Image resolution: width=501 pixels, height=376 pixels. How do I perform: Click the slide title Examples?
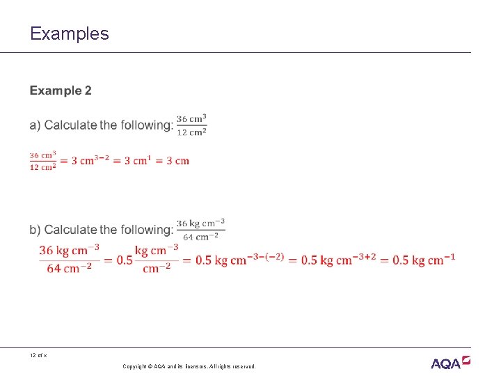click(x=70, y=33)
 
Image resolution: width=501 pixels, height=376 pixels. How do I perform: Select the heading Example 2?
click(x=61, y=91)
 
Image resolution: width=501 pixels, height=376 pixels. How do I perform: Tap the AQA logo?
click(x=450, y=362)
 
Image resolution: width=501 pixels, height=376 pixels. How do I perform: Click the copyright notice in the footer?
click(x=189, y=366)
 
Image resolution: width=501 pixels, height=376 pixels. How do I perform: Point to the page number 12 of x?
click(x=38, y=356)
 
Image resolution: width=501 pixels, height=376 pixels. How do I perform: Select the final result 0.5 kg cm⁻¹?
click(x=423, y=260)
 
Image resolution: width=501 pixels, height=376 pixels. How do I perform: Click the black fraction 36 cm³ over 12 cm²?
click(x=191, y=125)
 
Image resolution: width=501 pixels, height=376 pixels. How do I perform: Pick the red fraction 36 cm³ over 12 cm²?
click(x=42, y=161)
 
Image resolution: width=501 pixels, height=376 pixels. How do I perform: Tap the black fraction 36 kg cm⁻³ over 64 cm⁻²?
click(x=200, y=230)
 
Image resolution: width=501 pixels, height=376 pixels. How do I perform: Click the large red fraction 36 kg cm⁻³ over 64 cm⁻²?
click(x=69, y=259)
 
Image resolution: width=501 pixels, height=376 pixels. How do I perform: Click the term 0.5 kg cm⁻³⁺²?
click(x=337, y=260)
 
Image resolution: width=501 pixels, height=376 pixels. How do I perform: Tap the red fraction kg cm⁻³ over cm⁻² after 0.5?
click(x=157, y=259)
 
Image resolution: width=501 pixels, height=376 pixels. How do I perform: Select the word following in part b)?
click(x=146, y=230)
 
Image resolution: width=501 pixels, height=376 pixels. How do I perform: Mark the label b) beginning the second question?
click(x=35, y=230)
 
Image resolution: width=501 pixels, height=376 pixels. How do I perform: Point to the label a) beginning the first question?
click(x=35, y=125)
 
